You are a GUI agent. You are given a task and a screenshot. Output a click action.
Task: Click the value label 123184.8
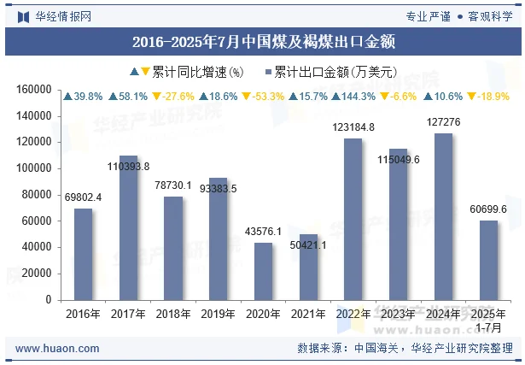[353, 127]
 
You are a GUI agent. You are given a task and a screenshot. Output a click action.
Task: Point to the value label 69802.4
[83, 197]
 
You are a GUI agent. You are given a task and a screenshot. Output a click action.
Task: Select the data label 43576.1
[263, 232]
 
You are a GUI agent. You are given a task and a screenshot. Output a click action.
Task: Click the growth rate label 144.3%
[353, 97]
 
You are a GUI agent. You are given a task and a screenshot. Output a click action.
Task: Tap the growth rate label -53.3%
[263, 97]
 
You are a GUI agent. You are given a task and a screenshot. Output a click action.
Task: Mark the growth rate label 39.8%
[83, 97]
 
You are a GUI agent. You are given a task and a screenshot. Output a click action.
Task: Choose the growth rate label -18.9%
[488, 97]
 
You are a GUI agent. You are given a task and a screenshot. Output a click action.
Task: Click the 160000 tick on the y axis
[34, 89]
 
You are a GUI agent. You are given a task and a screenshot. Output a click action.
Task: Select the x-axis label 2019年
[218, 314]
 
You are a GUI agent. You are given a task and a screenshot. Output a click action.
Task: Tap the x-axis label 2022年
[353, 314]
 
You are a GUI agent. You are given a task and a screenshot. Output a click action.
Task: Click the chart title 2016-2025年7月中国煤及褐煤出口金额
[263, 40]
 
